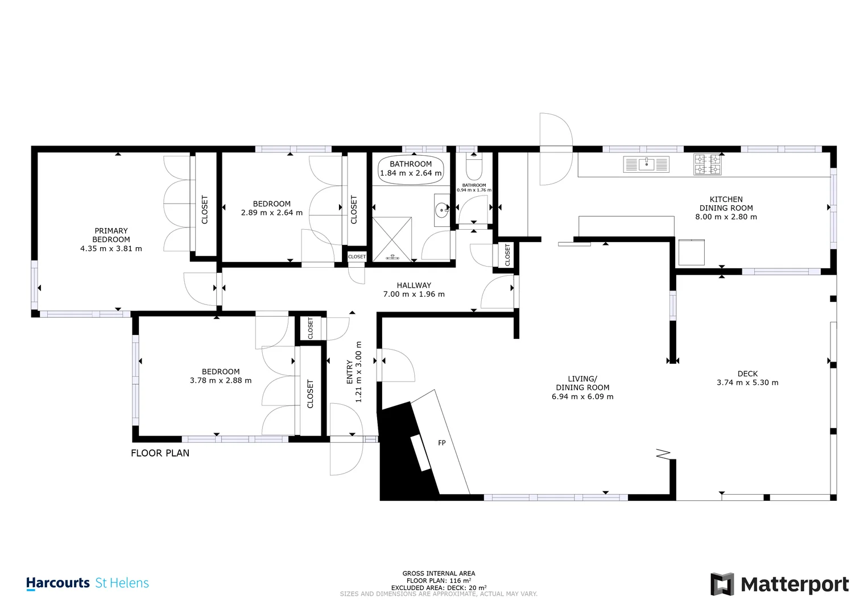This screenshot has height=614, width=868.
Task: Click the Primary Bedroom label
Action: [x=111, y=235]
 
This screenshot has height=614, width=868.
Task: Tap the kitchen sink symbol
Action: [x=646, y=164]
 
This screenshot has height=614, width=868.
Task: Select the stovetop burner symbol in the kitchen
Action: [x=708, y=164]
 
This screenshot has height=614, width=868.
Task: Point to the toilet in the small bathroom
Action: [x=473, y=167]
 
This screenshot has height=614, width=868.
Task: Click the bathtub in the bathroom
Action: [x=411, y=169]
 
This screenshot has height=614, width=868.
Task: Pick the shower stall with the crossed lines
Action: [x=392, y=239]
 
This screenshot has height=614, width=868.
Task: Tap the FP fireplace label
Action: [x=442, y=443]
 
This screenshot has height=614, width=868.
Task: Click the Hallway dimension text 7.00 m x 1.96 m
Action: [x=414, y=294]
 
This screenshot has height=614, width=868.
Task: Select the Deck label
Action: [x=747, y=374]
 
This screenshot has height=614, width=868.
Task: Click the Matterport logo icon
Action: [x=722, y=584]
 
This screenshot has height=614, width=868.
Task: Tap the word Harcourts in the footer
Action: [x=58, y=583]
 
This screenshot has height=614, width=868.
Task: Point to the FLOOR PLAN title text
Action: [x=160, y=453]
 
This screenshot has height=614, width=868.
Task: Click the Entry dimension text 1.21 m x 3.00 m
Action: [x=358, y=372]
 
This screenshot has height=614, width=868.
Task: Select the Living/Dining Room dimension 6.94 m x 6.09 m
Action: [x=582, y=397]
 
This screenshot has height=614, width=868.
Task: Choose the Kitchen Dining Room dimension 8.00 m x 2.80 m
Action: [x=726, y=217]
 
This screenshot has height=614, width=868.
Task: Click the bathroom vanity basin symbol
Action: [x=442, y=210]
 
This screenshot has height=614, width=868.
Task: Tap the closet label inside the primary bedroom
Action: [x=205, y=210]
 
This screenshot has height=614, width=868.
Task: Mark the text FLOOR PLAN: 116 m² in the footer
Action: [x=439, y=580]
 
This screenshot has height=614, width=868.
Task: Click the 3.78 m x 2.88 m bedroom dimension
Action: [x=221, y=381]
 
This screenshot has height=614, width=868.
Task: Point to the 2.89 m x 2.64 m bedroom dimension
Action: [x=272, y=213]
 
